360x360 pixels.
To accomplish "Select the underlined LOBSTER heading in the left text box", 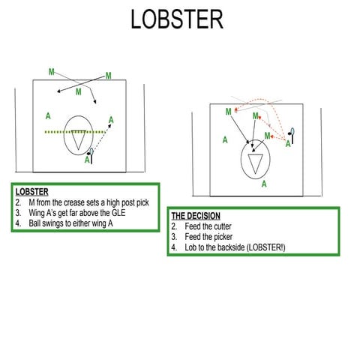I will [31, 192].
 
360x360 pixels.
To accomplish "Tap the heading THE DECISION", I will [196, 216].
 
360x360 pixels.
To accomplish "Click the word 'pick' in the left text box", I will [133, 202].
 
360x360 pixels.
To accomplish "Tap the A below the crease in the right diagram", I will [263, 183].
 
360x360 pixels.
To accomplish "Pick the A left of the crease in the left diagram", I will [48, 116].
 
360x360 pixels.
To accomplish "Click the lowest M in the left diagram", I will [79, 92].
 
